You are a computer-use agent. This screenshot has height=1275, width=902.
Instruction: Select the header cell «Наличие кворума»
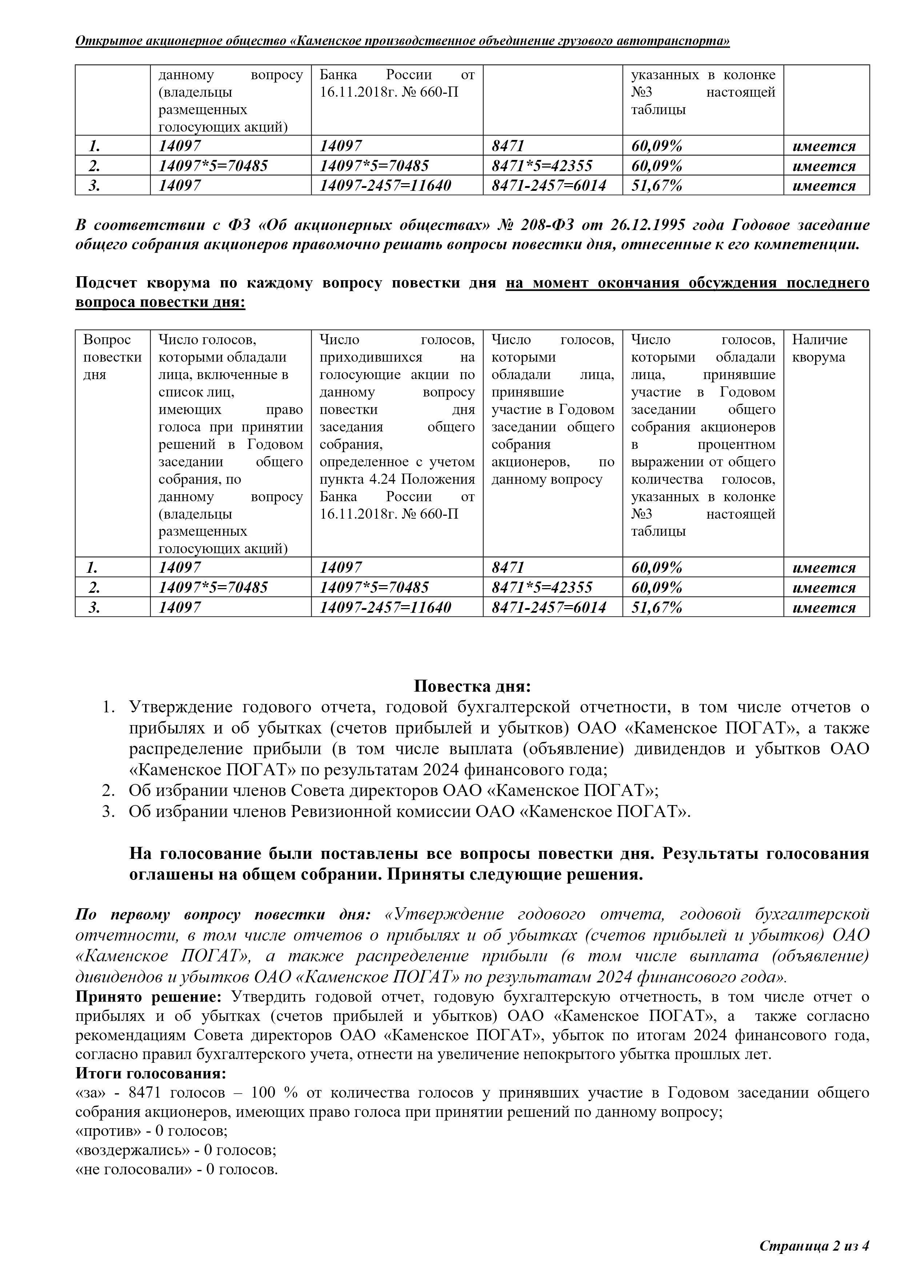click(819, 348)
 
